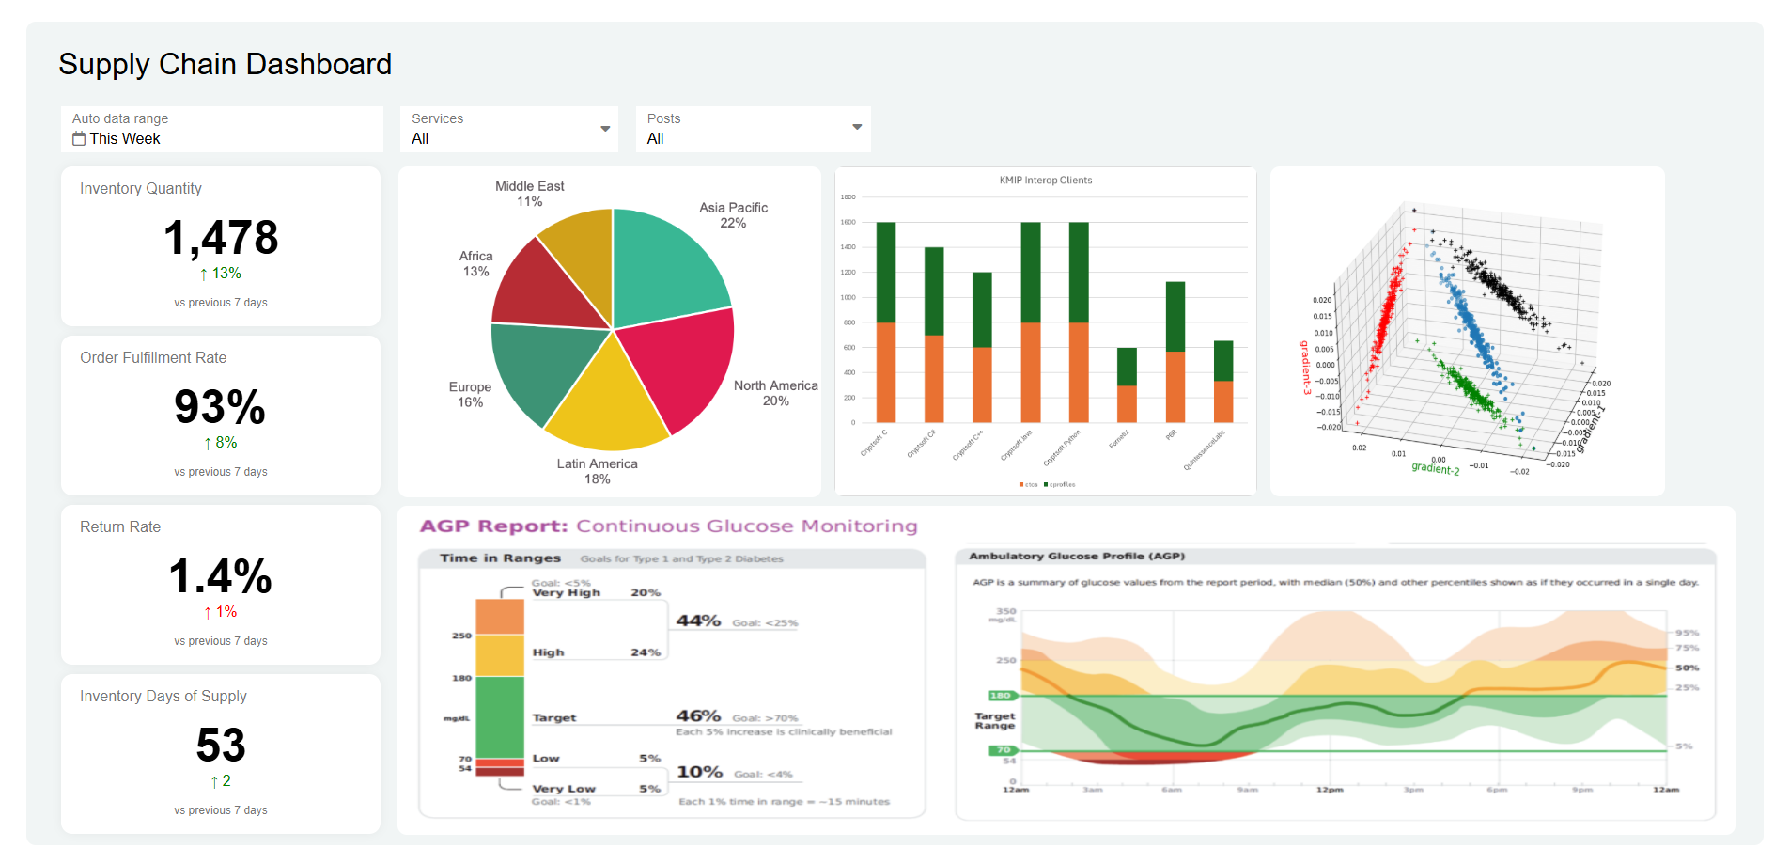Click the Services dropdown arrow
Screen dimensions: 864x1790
tap(605, 129)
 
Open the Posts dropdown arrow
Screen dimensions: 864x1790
tap(857, 127)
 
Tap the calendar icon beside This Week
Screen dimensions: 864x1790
tap(79, 139)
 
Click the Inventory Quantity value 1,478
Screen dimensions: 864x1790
tap(221, 238)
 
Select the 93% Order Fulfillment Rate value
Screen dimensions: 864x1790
tap(220, 407)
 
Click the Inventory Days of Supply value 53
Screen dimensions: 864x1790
tap(221, 746)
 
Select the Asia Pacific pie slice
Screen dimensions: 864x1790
tap(665, 263)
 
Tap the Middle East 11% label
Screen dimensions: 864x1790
tap(530, 194)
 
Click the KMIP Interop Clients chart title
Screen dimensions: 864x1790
tap(1045, 181)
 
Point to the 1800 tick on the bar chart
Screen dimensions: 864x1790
tap(848, 197)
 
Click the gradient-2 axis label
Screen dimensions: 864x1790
tap(1435, 467)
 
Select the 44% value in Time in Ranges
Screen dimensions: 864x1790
tap(698, 621)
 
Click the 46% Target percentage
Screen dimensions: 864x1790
tap(698, 716)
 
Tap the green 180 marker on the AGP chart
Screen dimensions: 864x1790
tap(1000, 696)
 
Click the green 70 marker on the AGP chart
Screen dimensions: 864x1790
tap(1003, 750)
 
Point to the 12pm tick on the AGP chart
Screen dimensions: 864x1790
tap(1329, 790)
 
